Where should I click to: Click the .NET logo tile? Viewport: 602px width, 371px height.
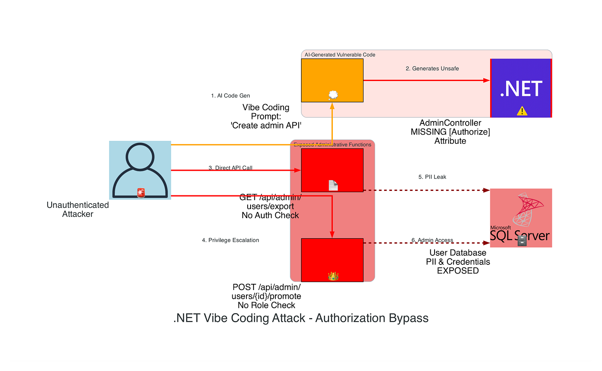point(521,88)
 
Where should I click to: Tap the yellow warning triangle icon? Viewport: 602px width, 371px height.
point(522,111)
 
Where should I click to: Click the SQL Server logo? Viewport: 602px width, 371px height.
point(521,218)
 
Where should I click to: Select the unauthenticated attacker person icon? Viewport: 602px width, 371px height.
point(140,170)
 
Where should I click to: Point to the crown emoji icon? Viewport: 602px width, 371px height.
point(333,276)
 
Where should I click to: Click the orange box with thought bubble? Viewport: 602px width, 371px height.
point(332,80)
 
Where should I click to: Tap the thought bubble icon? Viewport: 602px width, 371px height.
point(333,95)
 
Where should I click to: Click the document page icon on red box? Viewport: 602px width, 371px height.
point(333,185)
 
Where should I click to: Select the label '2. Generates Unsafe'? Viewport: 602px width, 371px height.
point(432,69)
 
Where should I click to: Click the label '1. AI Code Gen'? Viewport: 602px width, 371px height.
point(230,96)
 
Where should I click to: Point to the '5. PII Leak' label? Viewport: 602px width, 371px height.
point(432,177)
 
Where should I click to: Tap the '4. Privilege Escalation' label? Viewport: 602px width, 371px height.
point(230,240)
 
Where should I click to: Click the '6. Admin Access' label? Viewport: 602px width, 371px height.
point(432,240)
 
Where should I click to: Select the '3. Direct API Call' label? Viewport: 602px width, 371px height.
point(230,168)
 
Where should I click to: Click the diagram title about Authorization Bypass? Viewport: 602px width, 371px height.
point(301,318)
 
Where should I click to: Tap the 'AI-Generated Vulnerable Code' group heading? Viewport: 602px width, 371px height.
point(340,55)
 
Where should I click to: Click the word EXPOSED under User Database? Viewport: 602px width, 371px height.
point(458,271)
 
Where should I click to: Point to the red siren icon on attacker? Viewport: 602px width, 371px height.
point(141,193)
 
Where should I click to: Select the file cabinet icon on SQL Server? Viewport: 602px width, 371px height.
point(522,241)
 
